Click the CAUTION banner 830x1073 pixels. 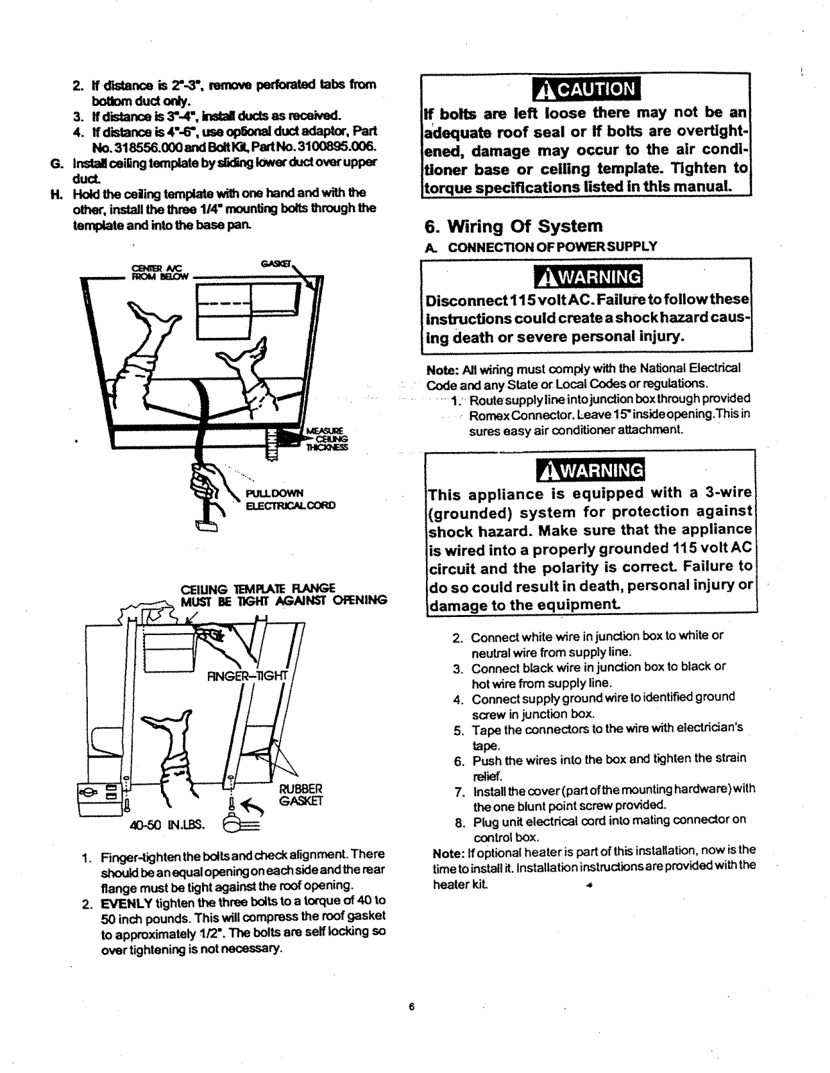click(586, 89)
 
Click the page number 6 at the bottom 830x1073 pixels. click(412, 1007)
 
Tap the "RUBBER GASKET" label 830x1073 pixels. click(300, 794)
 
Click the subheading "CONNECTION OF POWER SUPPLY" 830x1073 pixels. click(552, 247)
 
